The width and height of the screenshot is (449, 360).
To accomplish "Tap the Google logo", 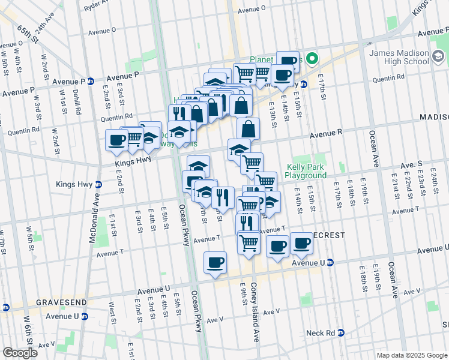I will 20,353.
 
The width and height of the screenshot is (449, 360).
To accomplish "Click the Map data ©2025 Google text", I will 412,355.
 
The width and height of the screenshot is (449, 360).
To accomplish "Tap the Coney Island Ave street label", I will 255,312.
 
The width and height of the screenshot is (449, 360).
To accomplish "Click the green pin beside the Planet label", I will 312,59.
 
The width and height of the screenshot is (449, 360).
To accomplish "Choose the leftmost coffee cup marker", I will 116,140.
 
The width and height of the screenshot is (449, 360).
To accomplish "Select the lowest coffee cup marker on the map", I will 215,262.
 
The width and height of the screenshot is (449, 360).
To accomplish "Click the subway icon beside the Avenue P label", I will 91,82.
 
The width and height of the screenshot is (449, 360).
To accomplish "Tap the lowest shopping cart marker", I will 249,242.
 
